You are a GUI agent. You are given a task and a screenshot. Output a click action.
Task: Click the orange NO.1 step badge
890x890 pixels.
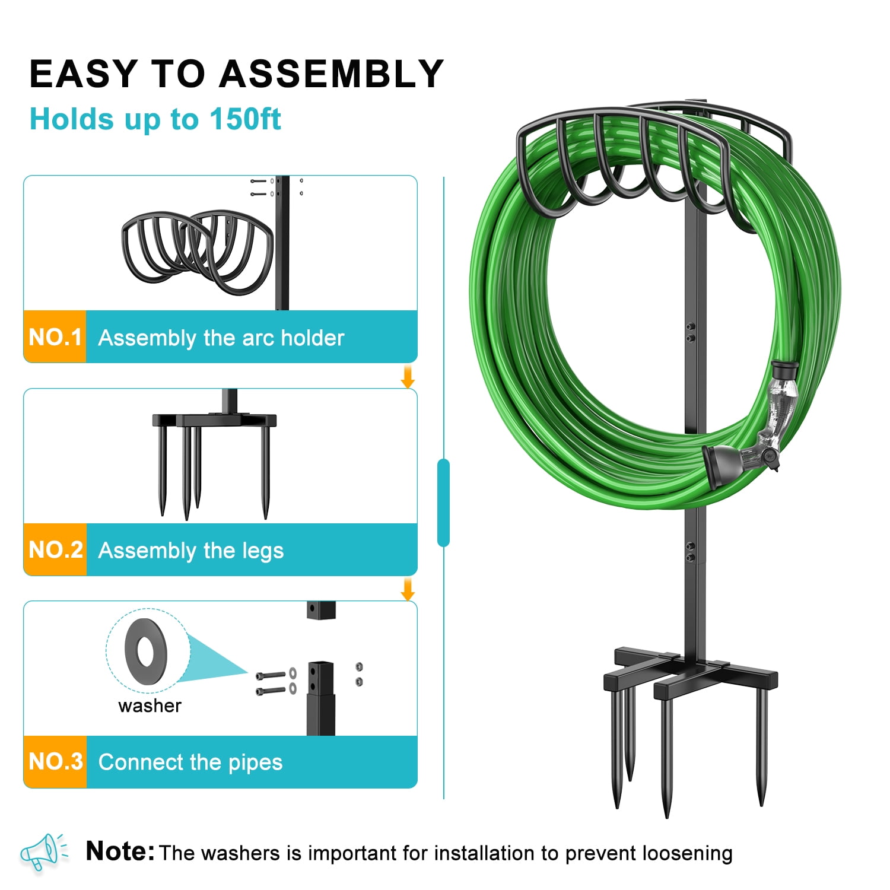55,336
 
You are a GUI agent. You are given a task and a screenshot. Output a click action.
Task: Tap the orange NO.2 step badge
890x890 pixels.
55,549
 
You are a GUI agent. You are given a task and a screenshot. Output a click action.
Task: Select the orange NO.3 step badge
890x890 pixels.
55,762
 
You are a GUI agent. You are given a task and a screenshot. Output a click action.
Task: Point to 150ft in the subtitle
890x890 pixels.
245,119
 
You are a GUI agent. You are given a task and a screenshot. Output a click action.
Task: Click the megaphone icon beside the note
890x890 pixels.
43,851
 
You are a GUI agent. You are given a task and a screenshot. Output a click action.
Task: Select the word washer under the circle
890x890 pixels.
150,705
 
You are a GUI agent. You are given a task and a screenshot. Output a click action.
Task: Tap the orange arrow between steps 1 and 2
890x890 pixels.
408,377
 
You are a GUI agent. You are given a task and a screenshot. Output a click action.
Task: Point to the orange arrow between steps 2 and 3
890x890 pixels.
408,589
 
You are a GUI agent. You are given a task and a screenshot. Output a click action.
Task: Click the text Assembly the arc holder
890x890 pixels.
221,338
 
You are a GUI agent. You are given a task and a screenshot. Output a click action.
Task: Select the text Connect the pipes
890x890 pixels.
190,762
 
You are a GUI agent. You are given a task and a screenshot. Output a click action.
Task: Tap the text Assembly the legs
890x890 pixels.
191,551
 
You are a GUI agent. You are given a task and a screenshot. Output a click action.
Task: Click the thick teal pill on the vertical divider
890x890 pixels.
443,503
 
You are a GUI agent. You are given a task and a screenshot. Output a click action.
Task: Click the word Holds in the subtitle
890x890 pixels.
72,119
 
